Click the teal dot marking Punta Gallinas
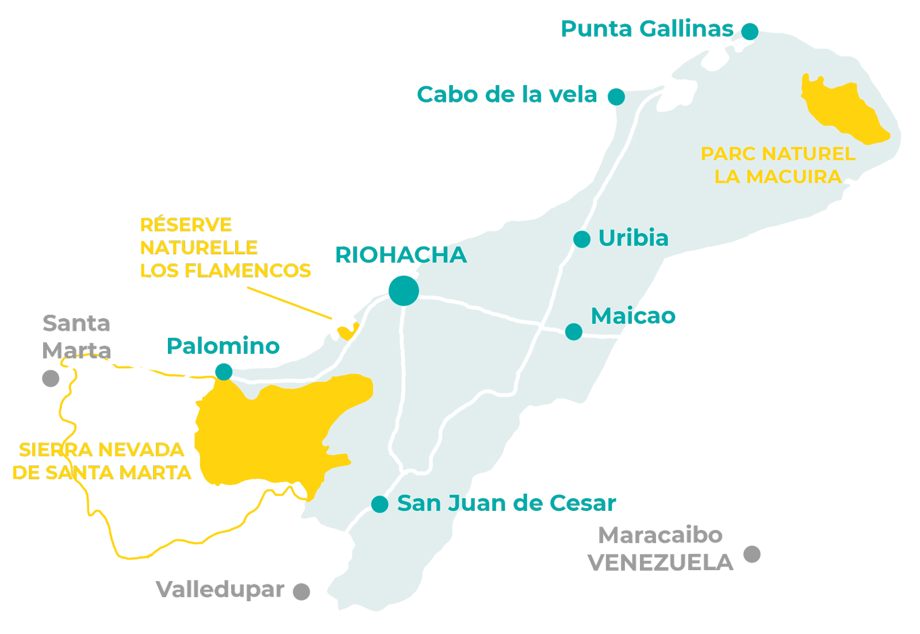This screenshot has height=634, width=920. click(x=749, y=31)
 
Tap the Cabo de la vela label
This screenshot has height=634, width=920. click(x=507, y=95)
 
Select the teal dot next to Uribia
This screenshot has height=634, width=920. click(x=581, y=239)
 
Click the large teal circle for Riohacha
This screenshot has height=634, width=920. click(x=404, y=291)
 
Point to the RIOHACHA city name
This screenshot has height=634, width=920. click(x=401, y=255)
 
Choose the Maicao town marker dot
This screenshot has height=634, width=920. click(x=573, y=331)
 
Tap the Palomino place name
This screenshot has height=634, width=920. click(x=223, y=346)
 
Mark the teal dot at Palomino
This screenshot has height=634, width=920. click(x=224, y=372)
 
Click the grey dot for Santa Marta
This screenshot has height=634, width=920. click(x=51, y=378)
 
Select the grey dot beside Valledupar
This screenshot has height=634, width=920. click(x=301, y=591)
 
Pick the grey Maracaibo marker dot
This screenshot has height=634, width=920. click(x=752, y=554)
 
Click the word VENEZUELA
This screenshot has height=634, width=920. click(x=660, y=563)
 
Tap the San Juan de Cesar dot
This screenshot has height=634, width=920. click(x=379, y=504)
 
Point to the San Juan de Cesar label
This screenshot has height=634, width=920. click(x=507, y=503)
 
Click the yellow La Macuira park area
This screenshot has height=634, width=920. click(x=845, y=112)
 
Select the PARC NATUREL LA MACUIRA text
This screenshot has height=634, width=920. click(x=778, y=165)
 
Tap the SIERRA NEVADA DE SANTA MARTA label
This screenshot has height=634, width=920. click(x=102, y=461)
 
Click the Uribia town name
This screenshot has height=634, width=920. click(x=633, y=238)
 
